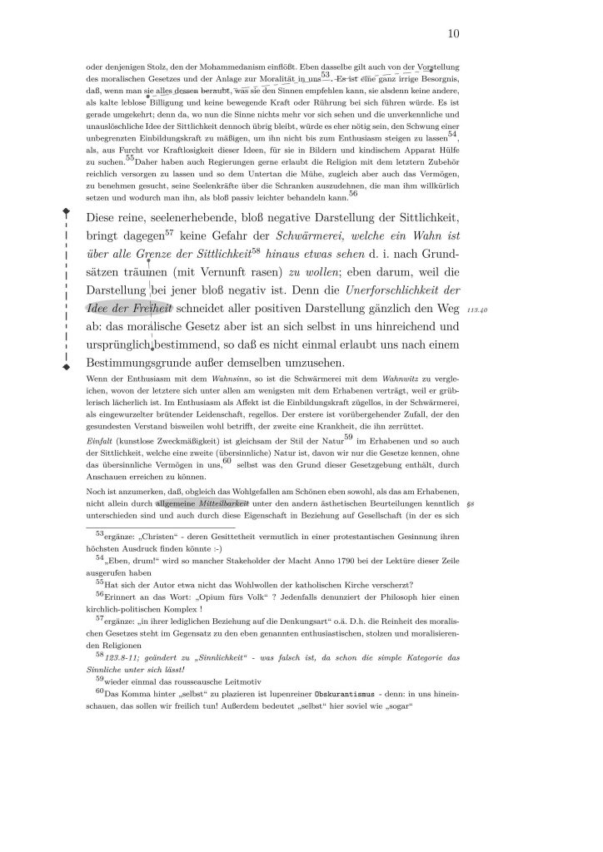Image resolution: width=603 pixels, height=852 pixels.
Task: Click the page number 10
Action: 454,33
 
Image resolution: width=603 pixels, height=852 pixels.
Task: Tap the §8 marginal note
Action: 471,503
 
